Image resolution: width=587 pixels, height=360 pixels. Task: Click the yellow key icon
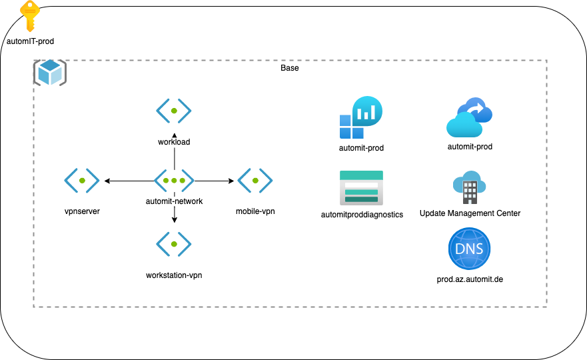29,15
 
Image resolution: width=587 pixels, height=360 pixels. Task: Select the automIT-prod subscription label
30,41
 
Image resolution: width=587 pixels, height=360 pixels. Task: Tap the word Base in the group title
290,68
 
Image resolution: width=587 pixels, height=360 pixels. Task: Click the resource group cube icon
50,72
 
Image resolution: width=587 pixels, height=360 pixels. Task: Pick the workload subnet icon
174,111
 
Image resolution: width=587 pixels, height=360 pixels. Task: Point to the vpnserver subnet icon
82,181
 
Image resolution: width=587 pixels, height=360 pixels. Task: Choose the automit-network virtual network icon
174,181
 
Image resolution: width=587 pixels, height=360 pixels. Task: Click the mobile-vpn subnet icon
255,181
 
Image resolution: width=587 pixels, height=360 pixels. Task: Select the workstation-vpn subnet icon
174,244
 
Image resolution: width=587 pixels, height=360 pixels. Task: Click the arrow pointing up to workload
174,147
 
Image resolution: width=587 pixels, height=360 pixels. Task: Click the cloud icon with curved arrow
470,118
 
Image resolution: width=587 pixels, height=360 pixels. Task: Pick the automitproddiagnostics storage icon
359,187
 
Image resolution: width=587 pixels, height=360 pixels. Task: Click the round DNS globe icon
470,248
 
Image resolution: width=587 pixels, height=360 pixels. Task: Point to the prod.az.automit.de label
470,279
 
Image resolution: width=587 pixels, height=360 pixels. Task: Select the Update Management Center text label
470,213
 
